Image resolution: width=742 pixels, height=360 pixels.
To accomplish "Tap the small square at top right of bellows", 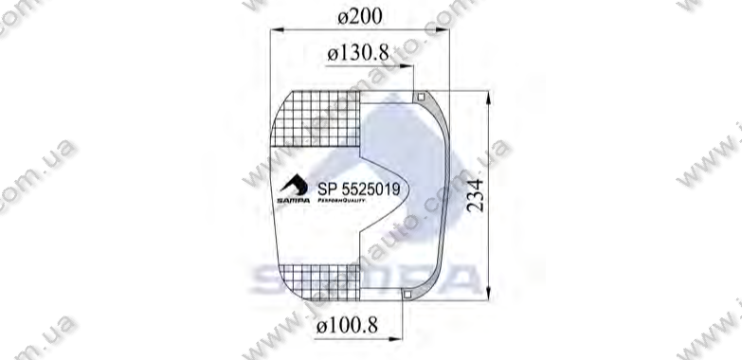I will pos(420,95).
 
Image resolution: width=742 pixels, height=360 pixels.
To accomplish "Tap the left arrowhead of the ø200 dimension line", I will pos(276,29).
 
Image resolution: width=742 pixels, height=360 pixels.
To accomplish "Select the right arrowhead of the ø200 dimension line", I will pos(440,29).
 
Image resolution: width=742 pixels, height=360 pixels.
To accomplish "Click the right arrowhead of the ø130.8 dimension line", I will pos(411,66).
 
